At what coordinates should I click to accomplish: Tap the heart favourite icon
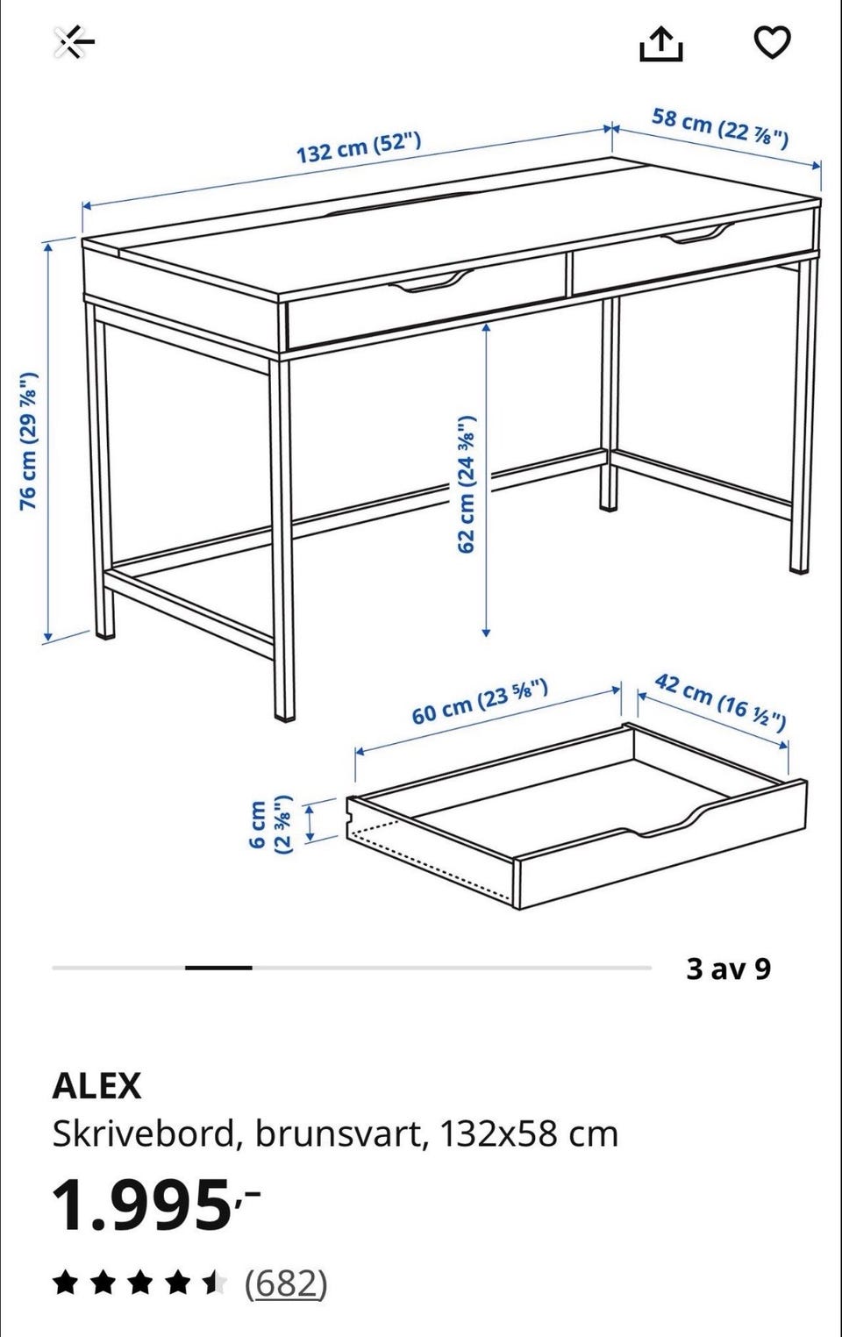click(x=772, y=43)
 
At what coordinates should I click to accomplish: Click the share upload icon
click(x=660, y=45)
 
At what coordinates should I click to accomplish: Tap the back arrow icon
click(x=75, y=42)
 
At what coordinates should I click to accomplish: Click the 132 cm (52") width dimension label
click(x=359, y=147)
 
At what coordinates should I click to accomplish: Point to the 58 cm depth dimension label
click(x=720, y=126)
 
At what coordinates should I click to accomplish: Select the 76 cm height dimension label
click(x=29, y=440)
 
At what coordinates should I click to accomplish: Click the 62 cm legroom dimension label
click(x=467, y=483)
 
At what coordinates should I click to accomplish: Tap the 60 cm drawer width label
click(x=479, y=702)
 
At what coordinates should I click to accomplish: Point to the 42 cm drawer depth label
click(x=720, y=702)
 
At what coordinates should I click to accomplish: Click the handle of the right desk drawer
click(x=697, y=233)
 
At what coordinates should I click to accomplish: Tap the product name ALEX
click(x=96, y=1085)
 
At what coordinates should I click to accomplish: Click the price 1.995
click(x=156, y=1205)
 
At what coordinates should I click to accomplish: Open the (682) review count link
click(x=286, y=1283)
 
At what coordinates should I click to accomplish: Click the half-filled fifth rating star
click(x=215, y=1283)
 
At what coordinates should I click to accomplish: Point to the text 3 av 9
click(x=728, y=969)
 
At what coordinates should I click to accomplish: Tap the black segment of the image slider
click(x=218, y=968)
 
